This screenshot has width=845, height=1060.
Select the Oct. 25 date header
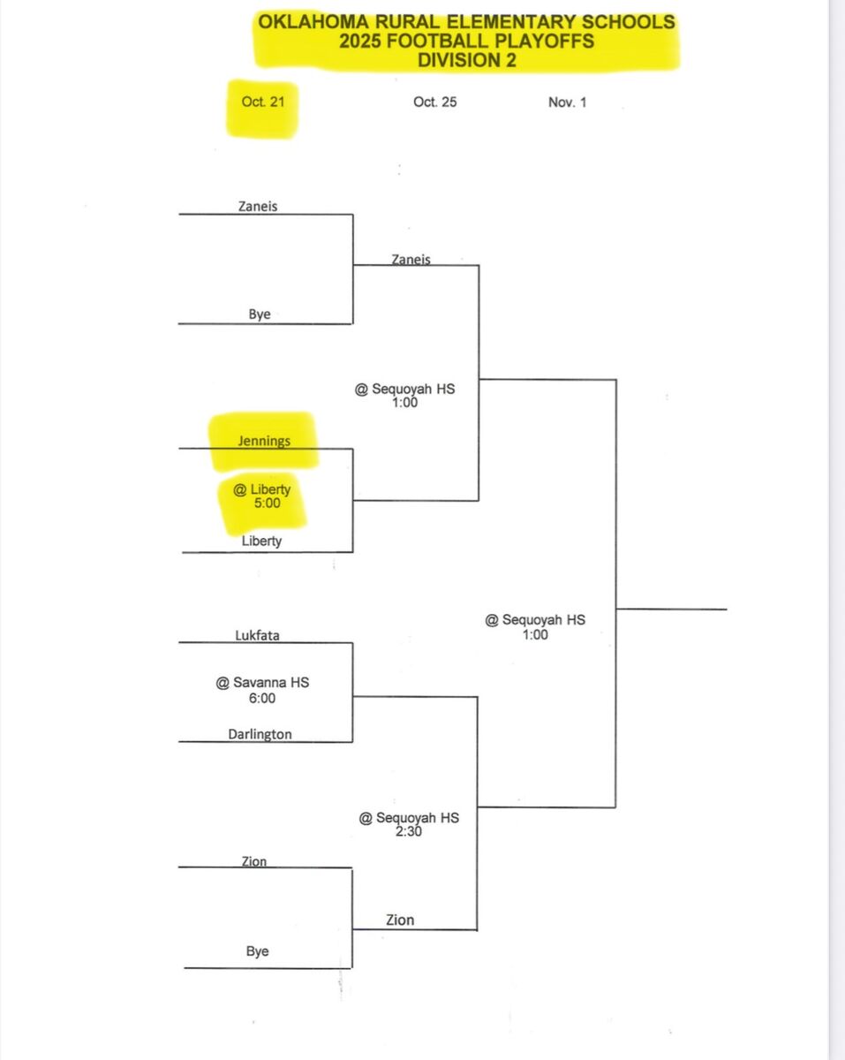coord(435,102)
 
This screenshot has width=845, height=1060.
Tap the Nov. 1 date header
coord(567,102)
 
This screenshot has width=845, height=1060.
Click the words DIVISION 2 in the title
coord(467,60)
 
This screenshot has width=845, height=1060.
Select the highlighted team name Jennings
coord(264,441)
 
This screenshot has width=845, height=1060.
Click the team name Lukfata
coord(258,635)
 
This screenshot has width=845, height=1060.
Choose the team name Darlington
coord(260,734)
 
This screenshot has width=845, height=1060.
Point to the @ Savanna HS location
coord(262,682)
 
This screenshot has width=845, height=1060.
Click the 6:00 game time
coord(262,698)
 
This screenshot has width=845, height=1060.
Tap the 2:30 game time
coord(409,832)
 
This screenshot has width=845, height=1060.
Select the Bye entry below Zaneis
coord(260,314)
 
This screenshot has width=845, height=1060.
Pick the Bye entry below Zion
coord(257,951)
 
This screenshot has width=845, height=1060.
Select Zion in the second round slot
coord(400,920)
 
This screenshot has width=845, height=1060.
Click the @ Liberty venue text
coord(262,488)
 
